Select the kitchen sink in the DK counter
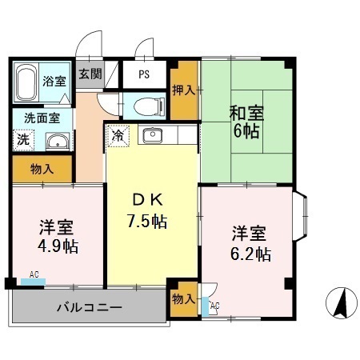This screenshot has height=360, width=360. (x=152, y=134)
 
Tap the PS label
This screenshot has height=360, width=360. (x=144, y=75)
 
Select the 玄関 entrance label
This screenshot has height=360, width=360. (x=89, y=74)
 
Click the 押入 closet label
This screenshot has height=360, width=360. (x=184, y=89)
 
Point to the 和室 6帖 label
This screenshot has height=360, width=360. (x=246, y=122)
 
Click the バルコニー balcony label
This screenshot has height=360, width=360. (x=89, y=306)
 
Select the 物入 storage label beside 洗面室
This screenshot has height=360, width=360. (x=42, y=169)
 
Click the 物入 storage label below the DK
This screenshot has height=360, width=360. (x=183, y=298)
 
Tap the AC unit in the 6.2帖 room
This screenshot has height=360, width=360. (x=214, y=304)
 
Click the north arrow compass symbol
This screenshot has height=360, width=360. (x=340, y=302)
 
